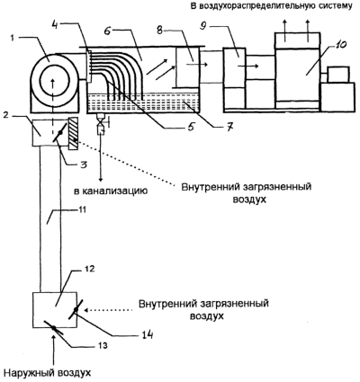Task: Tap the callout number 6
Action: (x=108, y=31)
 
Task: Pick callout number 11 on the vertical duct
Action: (x=82, y=209)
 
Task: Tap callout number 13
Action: (x=103, y=345)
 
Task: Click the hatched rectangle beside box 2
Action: (x=74, y=133)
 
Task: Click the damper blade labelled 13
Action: (x=53, y=328)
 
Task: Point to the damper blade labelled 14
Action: (x=75, y=310)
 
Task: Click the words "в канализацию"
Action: (x=111, y=191)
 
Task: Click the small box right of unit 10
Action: (x=338, y=75)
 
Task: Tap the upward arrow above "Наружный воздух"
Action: (x=54, y=351)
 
